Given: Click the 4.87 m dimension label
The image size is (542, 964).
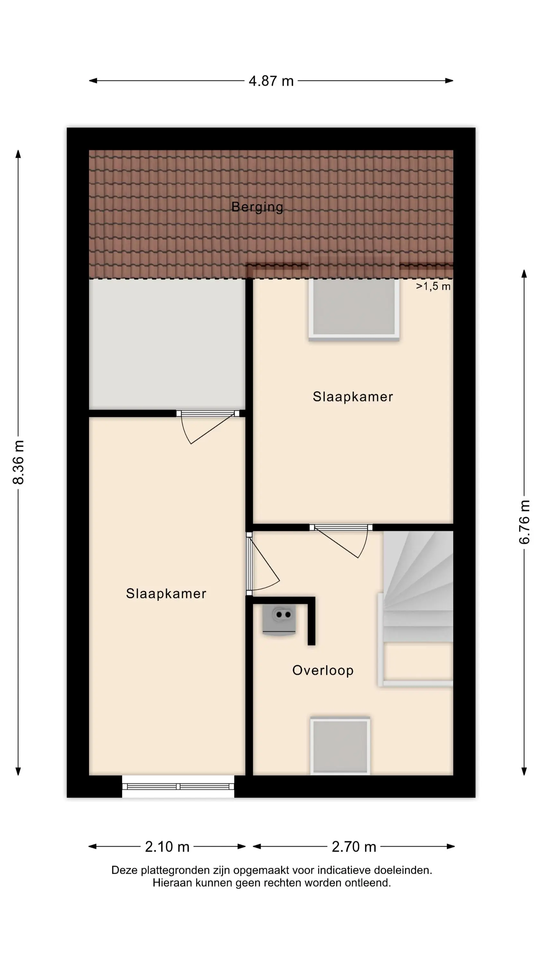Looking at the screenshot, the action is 271,81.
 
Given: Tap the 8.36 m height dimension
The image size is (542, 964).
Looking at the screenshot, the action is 18,462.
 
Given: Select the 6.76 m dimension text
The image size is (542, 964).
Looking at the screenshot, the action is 524,522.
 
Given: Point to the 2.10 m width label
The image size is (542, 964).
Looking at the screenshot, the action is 167,846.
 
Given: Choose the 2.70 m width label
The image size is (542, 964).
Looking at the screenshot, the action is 354,846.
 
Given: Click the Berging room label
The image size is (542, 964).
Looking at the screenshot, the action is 257,207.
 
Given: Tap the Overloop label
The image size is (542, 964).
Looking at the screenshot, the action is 323,671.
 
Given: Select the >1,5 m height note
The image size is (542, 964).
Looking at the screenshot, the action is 433,286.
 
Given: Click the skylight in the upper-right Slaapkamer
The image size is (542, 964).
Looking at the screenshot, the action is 354,309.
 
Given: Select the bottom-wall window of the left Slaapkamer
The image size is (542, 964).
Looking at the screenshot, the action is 178,786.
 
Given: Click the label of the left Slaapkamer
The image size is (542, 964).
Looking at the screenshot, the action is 166,594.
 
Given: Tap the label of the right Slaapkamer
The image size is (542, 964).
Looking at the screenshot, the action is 353,397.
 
